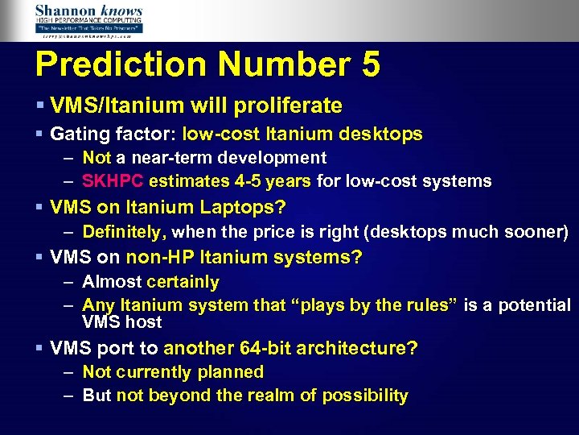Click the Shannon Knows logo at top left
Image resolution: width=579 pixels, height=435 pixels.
pyautogui.click(x=88, y=20)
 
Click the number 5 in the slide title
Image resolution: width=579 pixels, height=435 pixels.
pyautogui.click(x=370, y=65)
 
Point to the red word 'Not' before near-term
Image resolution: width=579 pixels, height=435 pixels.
pyautogui.click(x=96, y=158)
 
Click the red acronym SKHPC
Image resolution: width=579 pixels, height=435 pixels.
pyautogui.click(x=113, y=181)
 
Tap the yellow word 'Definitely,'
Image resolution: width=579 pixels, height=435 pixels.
pyautogui.click(x=124, y=232)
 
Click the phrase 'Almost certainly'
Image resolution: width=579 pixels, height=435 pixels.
pyautogui.click(x=150, y=282)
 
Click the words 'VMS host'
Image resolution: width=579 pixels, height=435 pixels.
pyautogui.click(x=121, y=322)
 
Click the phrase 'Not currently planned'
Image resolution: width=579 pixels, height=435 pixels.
pyautogui.click(x=173, y=372)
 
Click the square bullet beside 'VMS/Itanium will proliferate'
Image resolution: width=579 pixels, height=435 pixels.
pyautogui.click(x=39, y=106)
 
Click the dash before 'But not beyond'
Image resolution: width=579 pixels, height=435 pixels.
pyautogui.click(x=69, y=396)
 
